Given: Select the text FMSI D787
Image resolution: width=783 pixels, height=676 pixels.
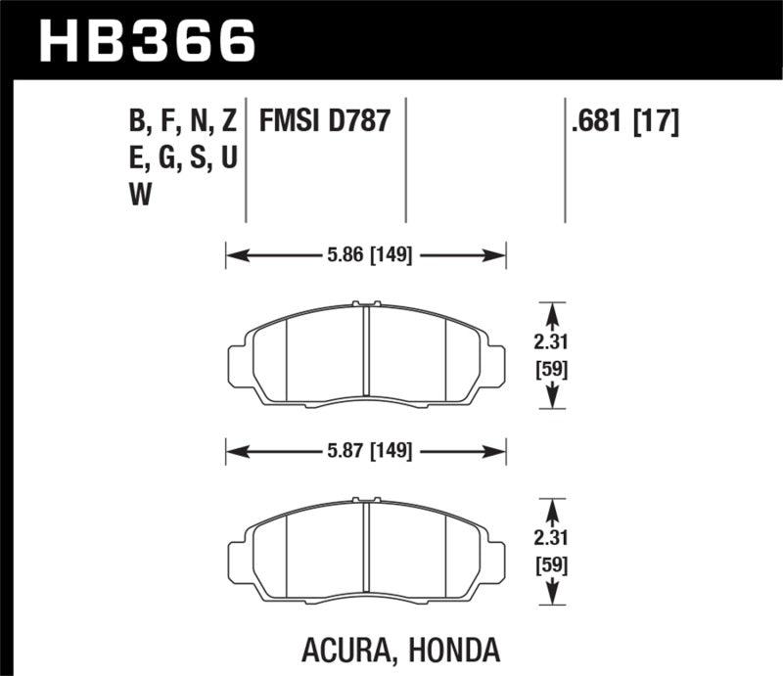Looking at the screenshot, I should [325, 122].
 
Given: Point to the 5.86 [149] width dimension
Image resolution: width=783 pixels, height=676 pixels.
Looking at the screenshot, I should [367, 256].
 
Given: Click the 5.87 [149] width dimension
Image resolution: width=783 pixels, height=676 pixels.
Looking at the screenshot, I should [367, 451].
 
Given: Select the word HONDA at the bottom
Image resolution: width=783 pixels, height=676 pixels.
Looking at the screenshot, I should [476, 649].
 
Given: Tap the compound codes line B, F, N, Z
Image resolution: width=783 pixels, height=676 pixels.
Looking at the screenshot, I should [183, 122].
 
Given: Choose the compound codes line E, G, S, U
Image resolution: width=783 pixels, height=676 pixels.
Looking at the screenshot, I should [183, 158].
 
